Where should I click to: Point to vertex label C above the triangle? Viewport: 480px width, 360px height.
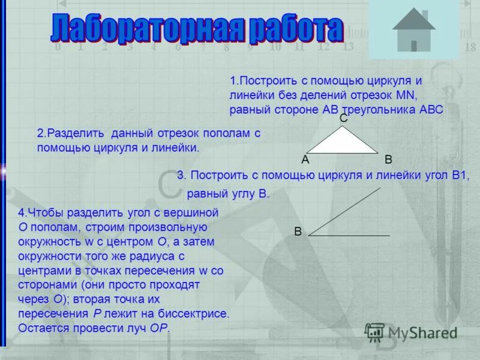point(344,119)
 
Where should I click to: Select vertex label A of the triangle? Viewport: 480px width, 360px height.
point(305,160)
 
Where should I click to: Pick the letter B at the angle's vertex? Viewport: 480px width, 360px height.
point(298,232)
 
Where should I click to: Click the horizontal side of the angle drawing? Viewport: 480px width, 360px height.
point(349,235)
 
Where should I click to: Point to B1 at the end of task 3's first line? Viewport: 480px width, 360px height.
point(460,175)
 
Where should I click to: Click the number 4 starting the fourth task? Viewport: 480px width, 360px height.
point(22,213)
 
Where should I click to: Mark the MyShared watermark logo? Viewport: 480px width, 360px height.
point(412,332)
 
